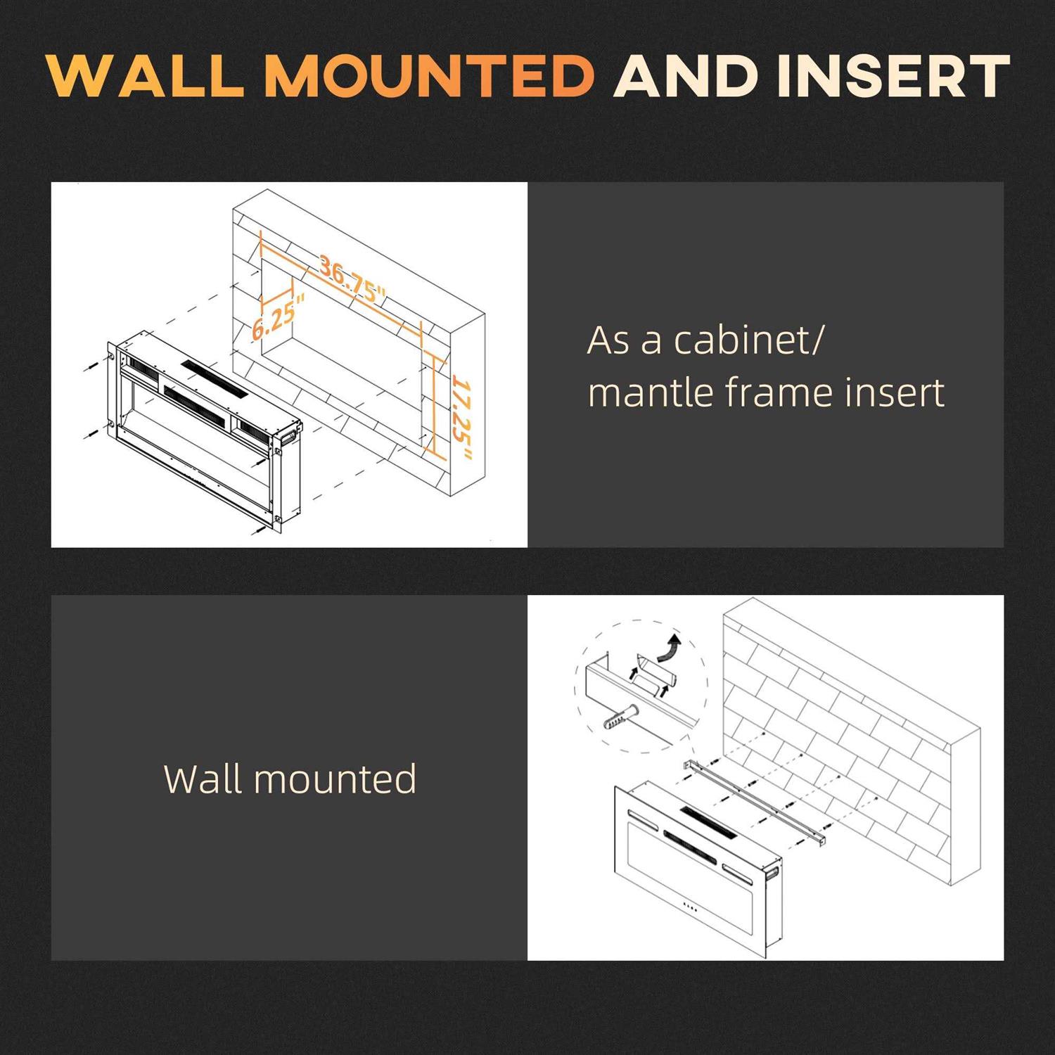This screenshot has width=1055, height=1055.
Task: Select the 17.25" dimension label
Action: [461, 418]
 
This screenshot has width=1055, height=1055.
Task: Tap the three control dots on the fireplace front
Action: [690, 907]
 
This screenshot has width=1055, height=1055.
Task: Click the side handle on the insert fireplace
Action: [288, 436]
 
